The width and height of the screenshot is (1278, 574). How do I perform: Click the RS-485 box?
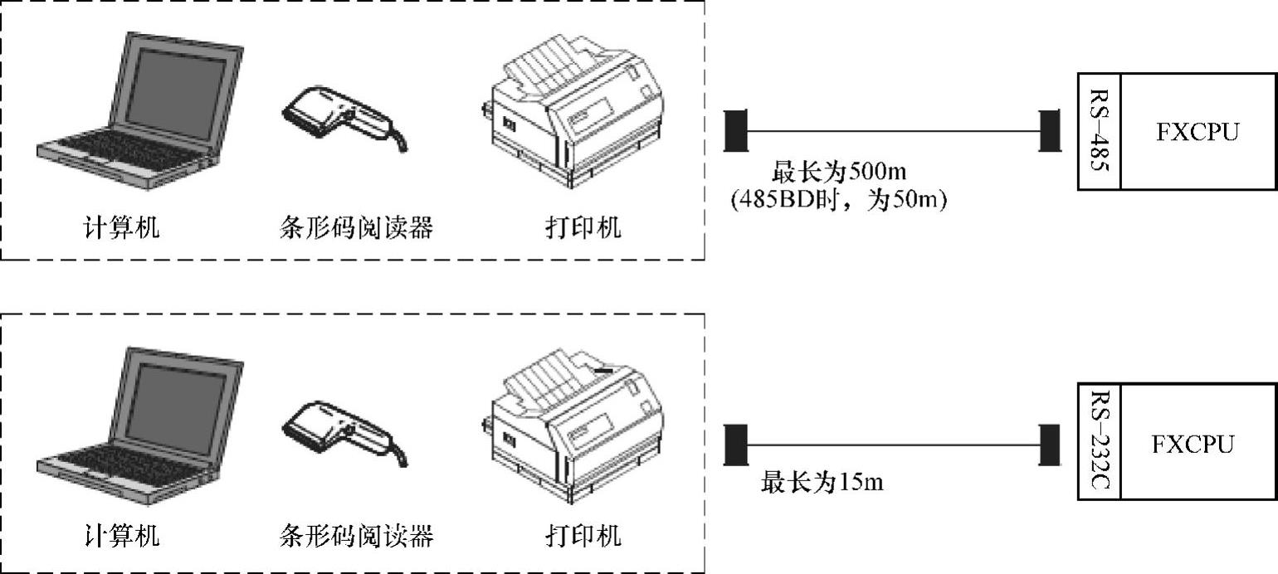click(1100, 131)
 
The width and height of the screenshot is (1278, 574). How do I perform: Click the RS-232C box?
click(1100, 441)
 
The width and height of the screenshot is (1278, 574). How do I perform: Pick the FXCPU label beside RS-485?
click(1197, 132)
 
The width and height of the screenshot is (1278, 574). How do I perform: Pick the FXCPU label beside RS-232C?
click(1197, 443)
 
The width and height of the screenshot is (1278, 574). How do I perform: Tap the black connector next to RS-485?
click(1050, 131)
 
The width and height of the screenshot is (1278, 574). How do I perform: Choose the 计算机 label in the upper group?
click(121, 226)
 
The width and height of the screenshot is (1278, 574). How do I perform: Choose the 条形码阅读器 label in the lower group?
click(357, 536)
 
